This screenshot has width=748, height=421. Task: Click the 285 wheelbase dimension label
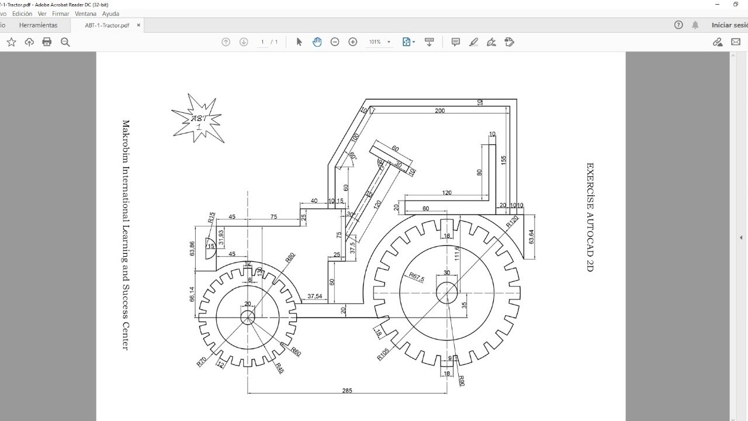click(347, 390)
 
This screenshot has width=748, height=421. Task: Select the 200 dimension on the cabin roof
click(439, 111)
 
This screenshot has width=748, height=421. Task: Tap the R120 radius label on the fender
click(512, 222)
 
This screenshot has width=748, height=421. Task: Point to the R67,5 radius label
click(417, 277)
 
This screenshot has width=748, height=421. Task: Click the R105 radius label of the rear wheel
click(383, 354)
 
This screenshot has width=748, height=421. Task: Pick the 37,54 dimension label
click(314, 296)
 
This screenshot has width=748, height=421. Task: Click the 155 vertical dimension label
click(504, 160)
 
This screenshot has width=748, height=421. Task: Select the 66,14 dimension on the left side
click(192, 294)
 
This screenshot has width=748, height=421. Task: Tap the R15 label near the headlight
click(211, 218)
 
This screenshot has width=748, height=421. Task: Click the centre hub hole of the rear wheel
click(447, 293)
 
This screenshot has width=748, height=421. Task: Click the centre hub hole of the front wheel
click(248, 317)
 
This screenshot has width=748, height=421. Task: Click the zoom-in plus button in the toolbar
click(352, 42)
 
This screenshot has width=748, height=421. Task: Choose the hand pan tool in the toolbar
click(317, 42)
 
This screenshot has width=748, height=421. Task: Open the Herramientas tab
click(38, 25)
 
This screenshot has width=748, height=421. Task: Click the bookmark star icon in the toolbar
click(11, 42)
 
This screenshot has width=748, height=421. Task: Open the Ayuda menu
click(110, 13)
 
